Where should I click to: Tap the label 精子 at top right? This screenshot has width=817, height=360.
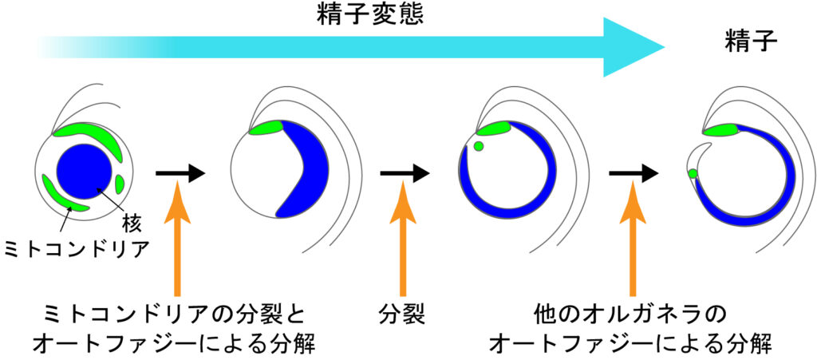[750, 40]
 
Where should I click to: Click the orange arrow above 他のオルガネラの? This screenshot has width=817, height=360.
[632, 239]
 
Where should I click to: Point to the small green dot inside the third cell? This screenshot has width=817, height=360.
[478, 146]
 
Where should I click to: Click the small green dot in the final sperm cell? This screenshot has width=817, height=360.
[693, 173]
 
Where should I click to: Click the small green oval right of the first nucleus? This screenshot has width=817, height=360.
[120, 184]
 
